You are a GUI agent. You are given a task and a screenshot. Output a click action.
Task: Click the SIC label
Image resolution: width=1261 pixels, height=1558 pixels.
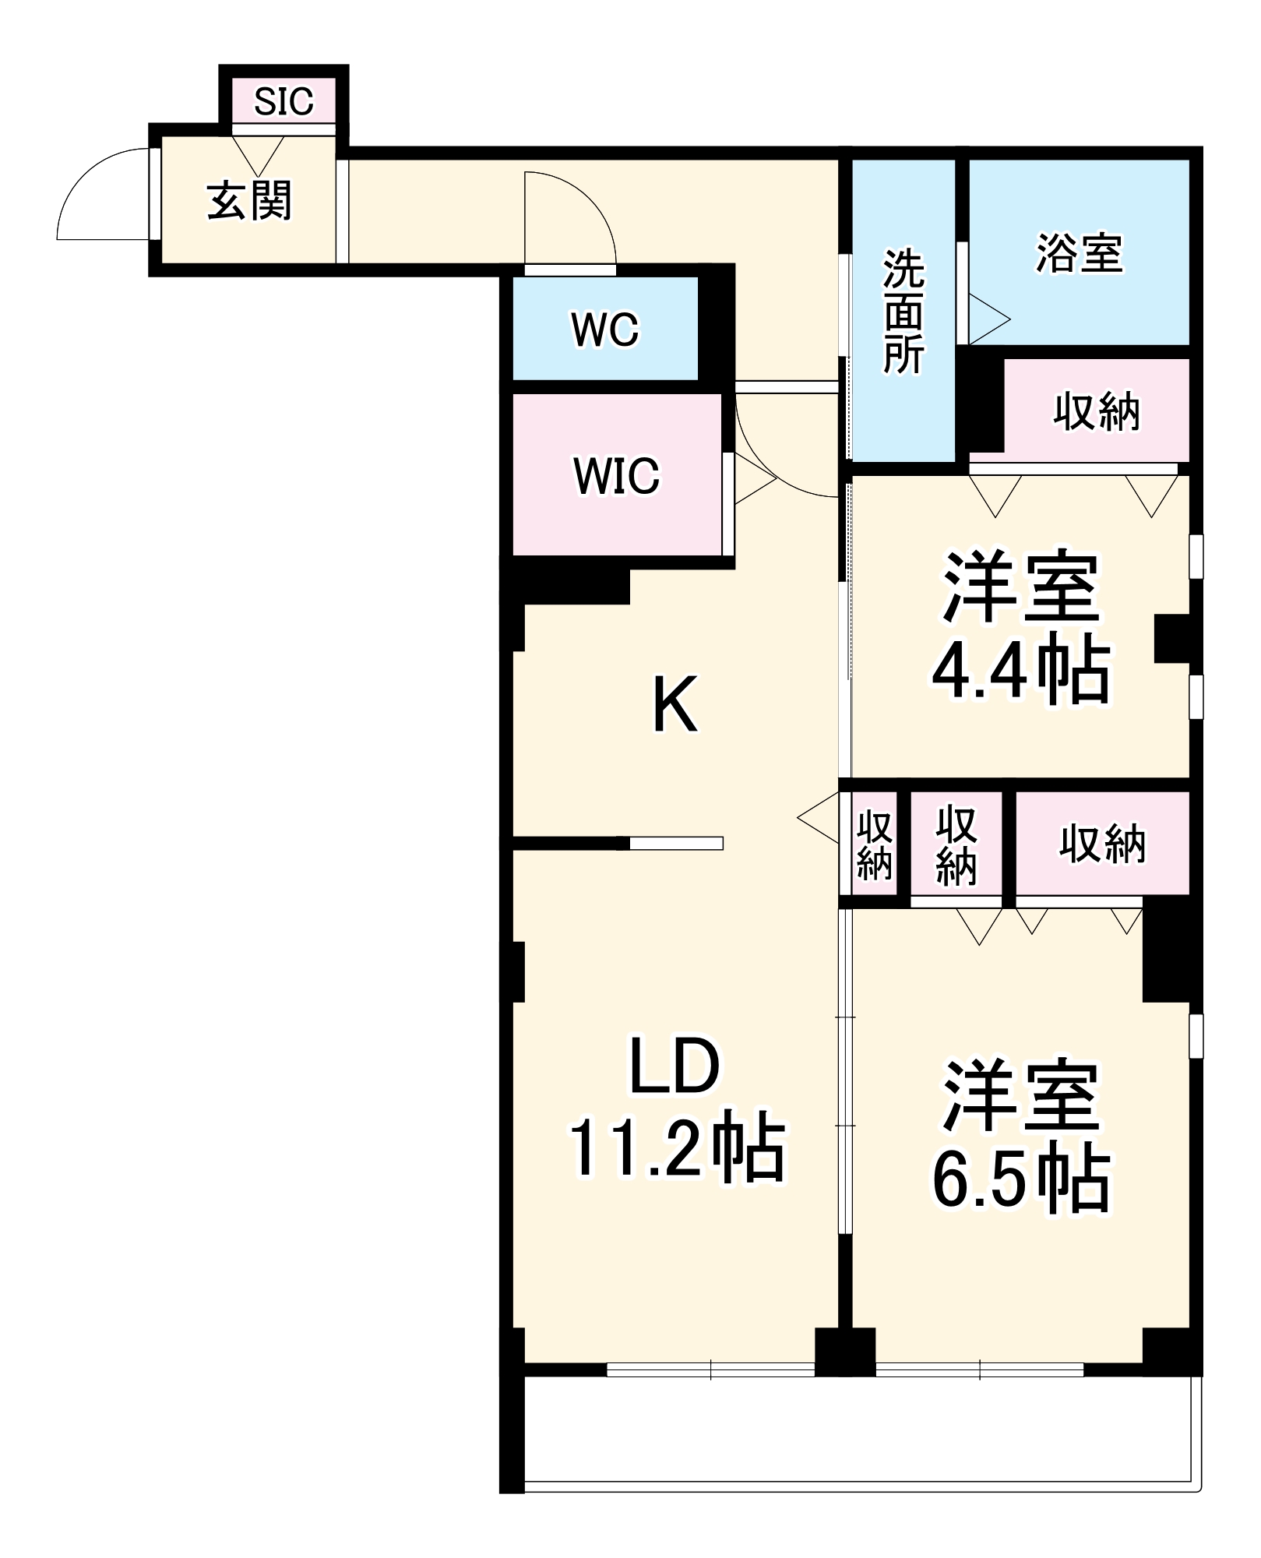pyautogui.click(x=284, y=101)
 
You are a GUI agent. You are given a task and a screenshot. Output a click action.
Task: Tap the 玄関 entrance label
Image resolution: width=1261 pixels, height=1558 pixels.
pyautogui.click(x=249, y=201)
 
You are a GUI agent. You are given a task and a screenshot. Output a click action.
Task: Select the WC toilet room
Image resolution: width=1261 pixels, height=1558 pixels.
pyautogui.click(x=604, y=329)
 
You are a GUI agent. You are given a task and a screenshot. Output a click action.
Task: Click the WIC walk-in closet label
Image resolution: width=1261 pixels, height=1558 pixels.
pyautogui.click(x=616, y=476)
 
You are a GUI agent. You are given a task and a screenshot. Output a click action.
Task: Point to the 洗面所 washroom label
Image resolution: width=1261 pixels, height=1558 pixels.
pyautogui.click(x=903, y=312)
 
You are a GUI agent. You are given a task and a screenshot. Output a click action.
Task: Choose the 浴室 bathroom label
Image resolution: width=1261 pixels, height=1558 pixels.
pyautogui.click(x=1079, y=253)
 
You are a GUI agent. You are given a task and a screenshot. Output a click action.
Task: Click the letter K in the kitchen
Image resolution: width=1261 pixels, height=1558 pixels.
pyautogui.click(x=675, y=705)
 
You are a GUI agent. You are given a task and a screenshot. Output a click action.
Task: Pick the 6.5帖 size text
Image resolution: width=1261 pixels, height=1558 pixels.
pyautogui.click(x=1020, y=1180)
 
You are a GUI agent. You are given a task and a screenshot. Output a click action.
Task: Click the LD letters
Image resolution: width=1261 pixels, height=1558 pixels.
pyautogui.click(x=675, y=1066)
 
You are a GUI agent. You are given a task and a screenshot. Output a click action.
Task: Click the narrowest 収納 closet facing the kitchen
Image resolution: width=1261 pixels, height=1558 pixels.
pyautogui.click(x=874, y=846)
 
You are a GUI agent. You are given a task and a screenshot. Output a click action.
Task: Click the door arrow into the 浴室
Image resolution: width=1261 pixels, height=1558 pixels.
pyautogui.click(x=988, y=319)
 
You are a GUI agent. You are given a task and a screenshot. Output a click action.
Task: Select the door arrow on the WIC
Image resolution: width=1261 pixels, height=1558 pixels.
pyautogui.click(x=752, y=479)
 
